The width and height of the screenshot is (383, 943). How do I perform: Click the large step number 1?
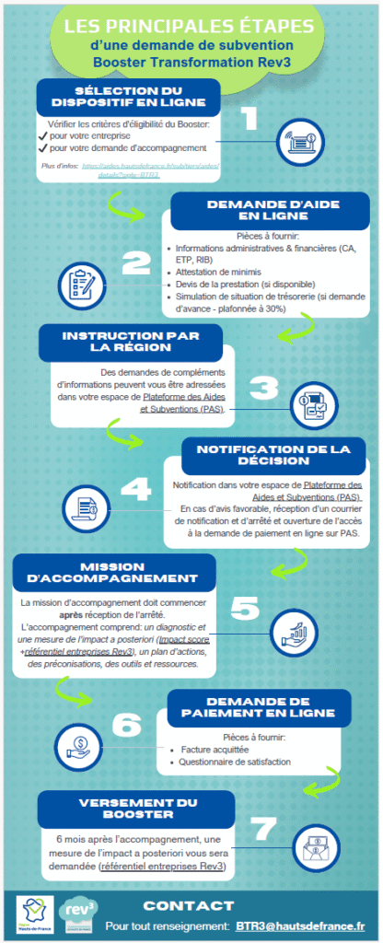point(246,119)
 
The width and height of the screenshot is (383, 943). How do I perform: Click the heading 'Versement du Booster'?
point(117,808)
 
